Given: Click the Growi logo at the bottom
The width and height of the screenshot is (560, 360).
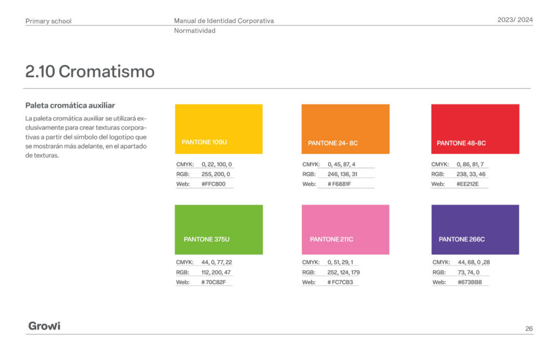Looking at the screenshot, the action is (x=44, y=326).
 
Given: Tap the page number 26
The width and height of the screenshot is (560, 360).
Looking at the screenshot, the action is (x=529, y=329).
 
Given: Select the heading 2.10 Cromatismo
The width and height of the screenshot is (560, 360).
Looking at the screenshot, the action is (x=90, y=72).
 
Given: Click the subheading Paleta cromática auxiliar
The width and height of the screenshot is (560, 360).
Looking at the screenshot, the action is (x=70, y=106).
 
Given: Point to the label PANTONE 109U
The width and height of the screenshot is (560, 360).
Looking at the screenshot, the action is (x=205, y=142).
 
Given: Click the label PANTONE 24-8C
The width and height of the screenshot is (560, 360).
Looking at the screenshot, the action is (x=333, y=143).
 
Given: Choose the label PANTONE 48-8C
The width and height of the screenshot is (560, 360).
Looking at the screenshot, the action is (x=461, y=143).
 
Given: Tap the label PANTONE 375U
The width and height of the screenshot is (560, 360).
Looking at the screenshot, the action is (x=206, y=239).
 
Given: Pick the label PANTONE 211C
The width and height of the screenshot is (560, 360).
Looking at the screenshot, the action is (x=331, y=239).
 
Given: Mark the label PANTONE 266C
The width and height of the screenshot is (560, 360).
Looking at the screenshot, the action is (x=462, y=239).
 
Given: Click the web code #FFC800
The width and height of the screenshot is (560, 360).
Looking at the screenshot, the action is (x=214, y=184).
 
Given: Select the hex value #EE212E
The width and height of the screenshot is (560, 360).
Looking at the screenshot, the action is (x=468, y=184).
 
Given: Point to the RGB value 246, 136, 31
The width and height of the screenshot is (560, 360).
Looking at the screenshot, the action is (x=342, y=175).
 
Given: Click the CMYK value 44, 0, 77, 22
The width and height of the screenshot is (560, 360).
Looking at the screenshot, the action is (x=217, y=262).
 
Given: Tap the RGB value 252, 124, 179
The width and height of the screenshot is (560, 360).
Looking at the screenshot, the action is (x=343, y=272).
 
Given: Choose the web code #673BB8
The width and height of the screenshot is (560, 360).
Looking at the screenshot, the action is (x=470, y=282).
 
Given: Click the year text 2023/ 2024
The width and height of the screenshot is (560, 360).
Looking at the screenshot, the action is (x=515, y=20).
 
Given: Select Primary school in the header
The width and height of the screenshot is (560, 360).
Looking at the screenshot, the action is (x=48, y=21).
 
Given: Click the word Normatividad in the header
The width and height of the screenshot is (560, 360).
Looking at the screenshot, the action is (x=195, y=31).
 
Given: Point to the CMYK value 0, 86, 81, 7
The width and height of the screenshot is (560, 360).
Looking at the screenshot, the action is (x=470, y=164).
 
